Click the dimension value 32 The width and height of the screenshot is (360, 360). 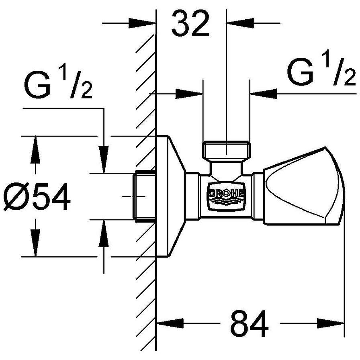click(191, 25)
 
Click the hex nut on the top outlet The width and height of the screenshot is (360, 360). click(226, 150)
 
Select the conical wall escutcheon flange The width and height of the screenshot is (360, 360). click(171, 196)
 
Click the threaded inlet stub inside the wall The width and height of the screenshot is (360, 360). click(144, 196)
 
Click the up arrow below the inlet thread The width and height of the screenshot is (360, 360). click(104, 233)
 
